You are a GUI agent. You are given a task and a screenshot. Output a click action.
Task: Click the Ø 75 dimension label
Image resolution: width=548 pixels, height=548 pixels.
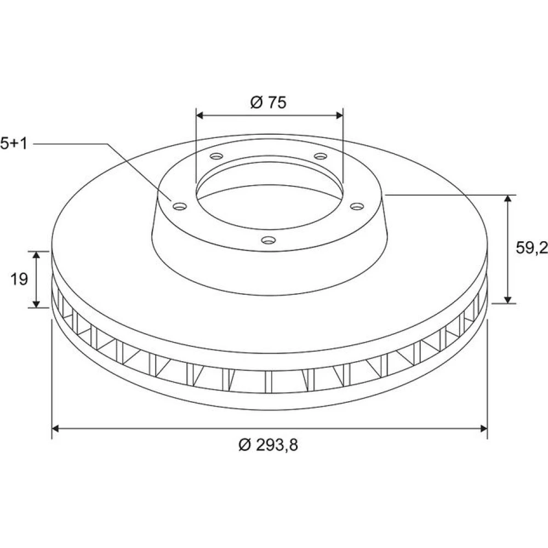point(269,102)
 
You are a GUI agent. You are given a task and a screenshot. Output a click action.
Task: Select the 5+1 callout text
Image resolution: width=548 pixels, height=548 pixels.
point(14,143)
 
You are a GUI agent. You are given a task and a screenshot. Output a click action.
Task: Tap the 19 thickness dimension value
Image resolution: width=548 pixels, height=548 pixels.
point(19,279)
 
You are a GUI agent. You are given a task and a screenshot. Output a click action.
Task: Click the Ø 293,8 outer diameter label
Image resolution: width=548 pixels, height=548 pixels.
point(269,445)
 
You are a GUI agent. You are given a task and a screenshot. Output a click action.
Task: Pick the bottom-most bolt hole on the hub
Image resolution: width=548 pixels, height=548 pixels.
point(269,240)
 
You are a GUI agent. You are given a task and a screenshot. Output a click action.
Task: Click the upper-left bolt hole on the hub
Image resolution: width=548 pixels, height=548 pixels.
point(216,156)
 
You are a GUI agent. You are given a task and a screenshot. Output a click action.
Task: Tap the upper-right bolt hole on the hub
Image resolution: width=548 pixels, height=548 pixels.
point(321,156)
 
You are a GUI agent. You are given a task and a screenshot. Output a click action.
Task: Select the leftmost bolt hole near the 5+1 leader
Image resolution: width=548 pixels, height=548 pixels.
point(180,207)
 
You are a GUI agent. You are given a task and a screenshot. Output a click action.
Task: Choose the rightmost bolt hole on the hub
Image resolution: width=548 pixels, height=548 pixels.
point(357,207)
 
